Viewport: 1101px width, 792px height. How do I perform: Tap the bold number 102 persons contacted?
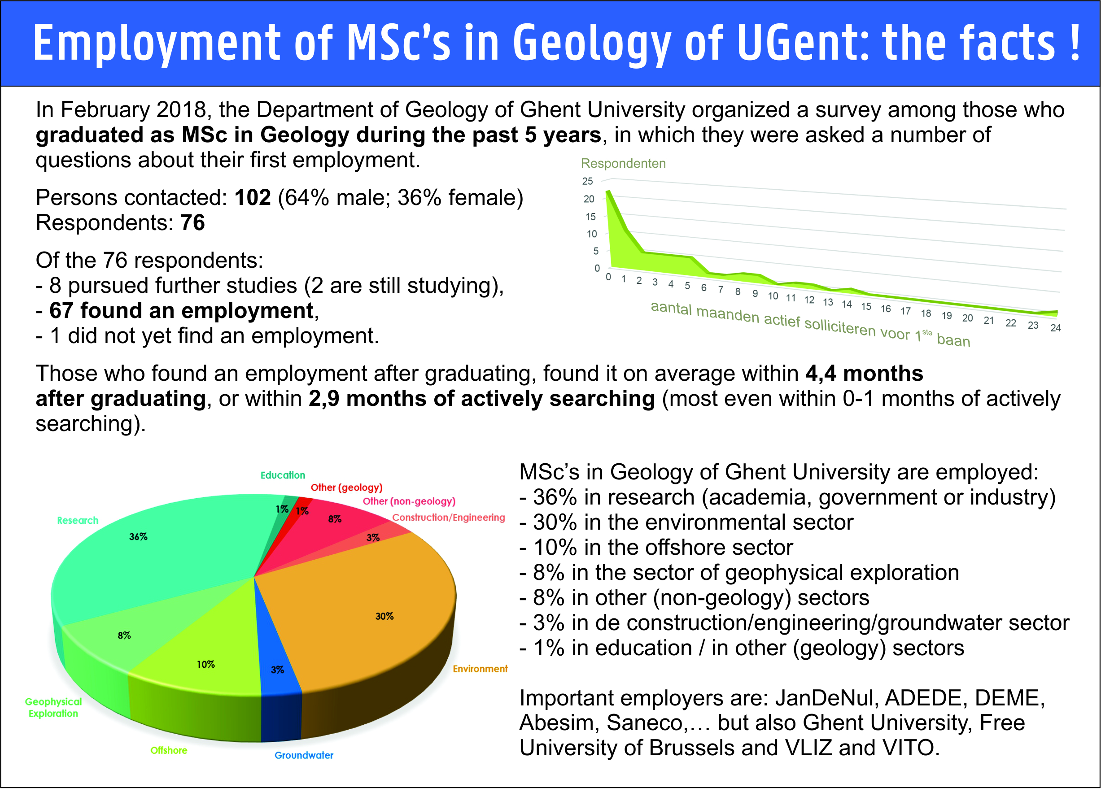coord(253,197)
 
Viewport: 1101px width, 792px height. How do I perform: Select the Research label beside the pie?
coord(78,520)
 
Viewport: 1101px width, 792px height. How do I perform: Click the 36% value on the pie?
coord(138,537)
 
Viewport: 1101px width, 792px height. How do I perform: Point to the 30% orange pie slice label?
coord(384,616)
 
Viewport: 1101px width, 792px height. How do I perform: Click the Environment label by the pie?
coord(480,669)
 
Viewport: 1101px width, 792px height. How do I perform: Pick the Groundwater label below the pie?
coord(304,755)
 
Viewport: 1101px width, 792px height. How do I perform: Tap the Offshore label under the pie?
coord(169,750)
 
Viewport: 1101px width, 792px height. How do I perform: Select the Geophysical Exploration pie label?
coord(53,708)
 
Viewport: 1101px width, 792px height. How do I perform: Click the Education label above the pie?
coord(283,475)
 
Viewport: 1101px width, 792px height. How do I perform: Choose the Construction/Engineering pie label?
coord(449,518)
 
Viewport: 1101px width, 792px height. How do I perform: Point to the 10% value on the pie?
coord(206,664)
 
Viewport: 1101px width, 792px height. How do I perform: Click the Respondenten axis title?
coord(623,164)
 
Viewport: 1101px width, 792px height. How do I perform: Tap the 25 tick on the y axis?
coord(587,181)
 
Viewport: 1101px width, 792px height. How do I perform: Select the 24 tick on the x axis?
coord(1055,328)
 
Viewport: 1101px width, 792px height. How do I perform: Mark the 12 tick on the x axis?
coord(809,300)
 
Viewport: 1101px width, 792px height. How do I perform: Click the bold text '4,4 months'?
coord(864,373)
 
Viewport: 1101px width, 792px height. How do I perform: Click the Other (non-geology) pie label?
coord(409,501)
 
